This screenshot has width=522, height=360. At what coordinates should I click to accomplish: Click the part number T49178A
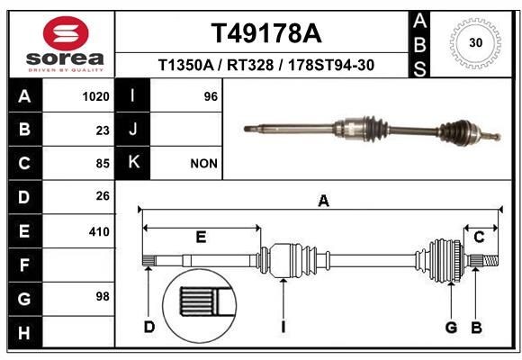(265, 33)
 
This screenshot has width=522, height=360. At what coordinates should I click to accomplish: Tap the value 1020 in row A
(95, 96)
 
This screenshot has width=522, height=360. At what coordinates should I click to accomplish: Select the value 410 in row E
(99, 231)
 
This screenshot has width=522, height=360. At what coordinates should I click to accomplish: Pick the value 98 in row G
(102, 296)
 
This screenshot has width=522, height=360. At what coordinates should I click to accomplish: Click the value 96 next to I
(211, 96)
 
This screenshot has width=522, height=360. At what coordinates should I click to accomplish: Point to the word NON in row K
(202, 164)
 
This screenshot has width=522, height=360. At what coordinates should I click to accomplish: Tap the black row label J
(133, 130)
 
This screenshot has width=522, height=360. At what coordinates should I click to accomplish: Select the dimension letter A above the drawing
(323, 202)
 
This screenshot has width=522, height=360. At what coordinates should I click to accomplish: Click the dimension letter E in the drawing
(201, 237)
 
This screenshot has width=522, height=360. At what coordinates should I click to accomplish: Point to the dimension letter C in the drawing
(480, 237)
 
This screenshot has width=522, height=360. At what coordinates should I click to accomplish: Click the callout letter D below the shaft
(149, 327)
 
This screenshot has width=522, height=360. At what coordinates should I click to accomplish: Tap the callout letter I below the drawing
(283, 327)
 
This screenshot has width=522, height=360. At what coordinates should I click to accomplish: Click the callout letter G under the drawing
(451, 327)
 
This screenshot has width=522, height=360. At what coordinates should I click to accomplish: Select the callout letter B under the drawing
(476, 327)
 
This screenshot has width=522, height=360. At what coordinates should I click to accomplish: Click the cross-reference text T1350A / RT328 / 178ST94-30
(265, 66)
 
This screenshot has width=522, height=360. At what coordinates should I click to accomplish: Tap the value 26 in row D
(102, 196)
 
